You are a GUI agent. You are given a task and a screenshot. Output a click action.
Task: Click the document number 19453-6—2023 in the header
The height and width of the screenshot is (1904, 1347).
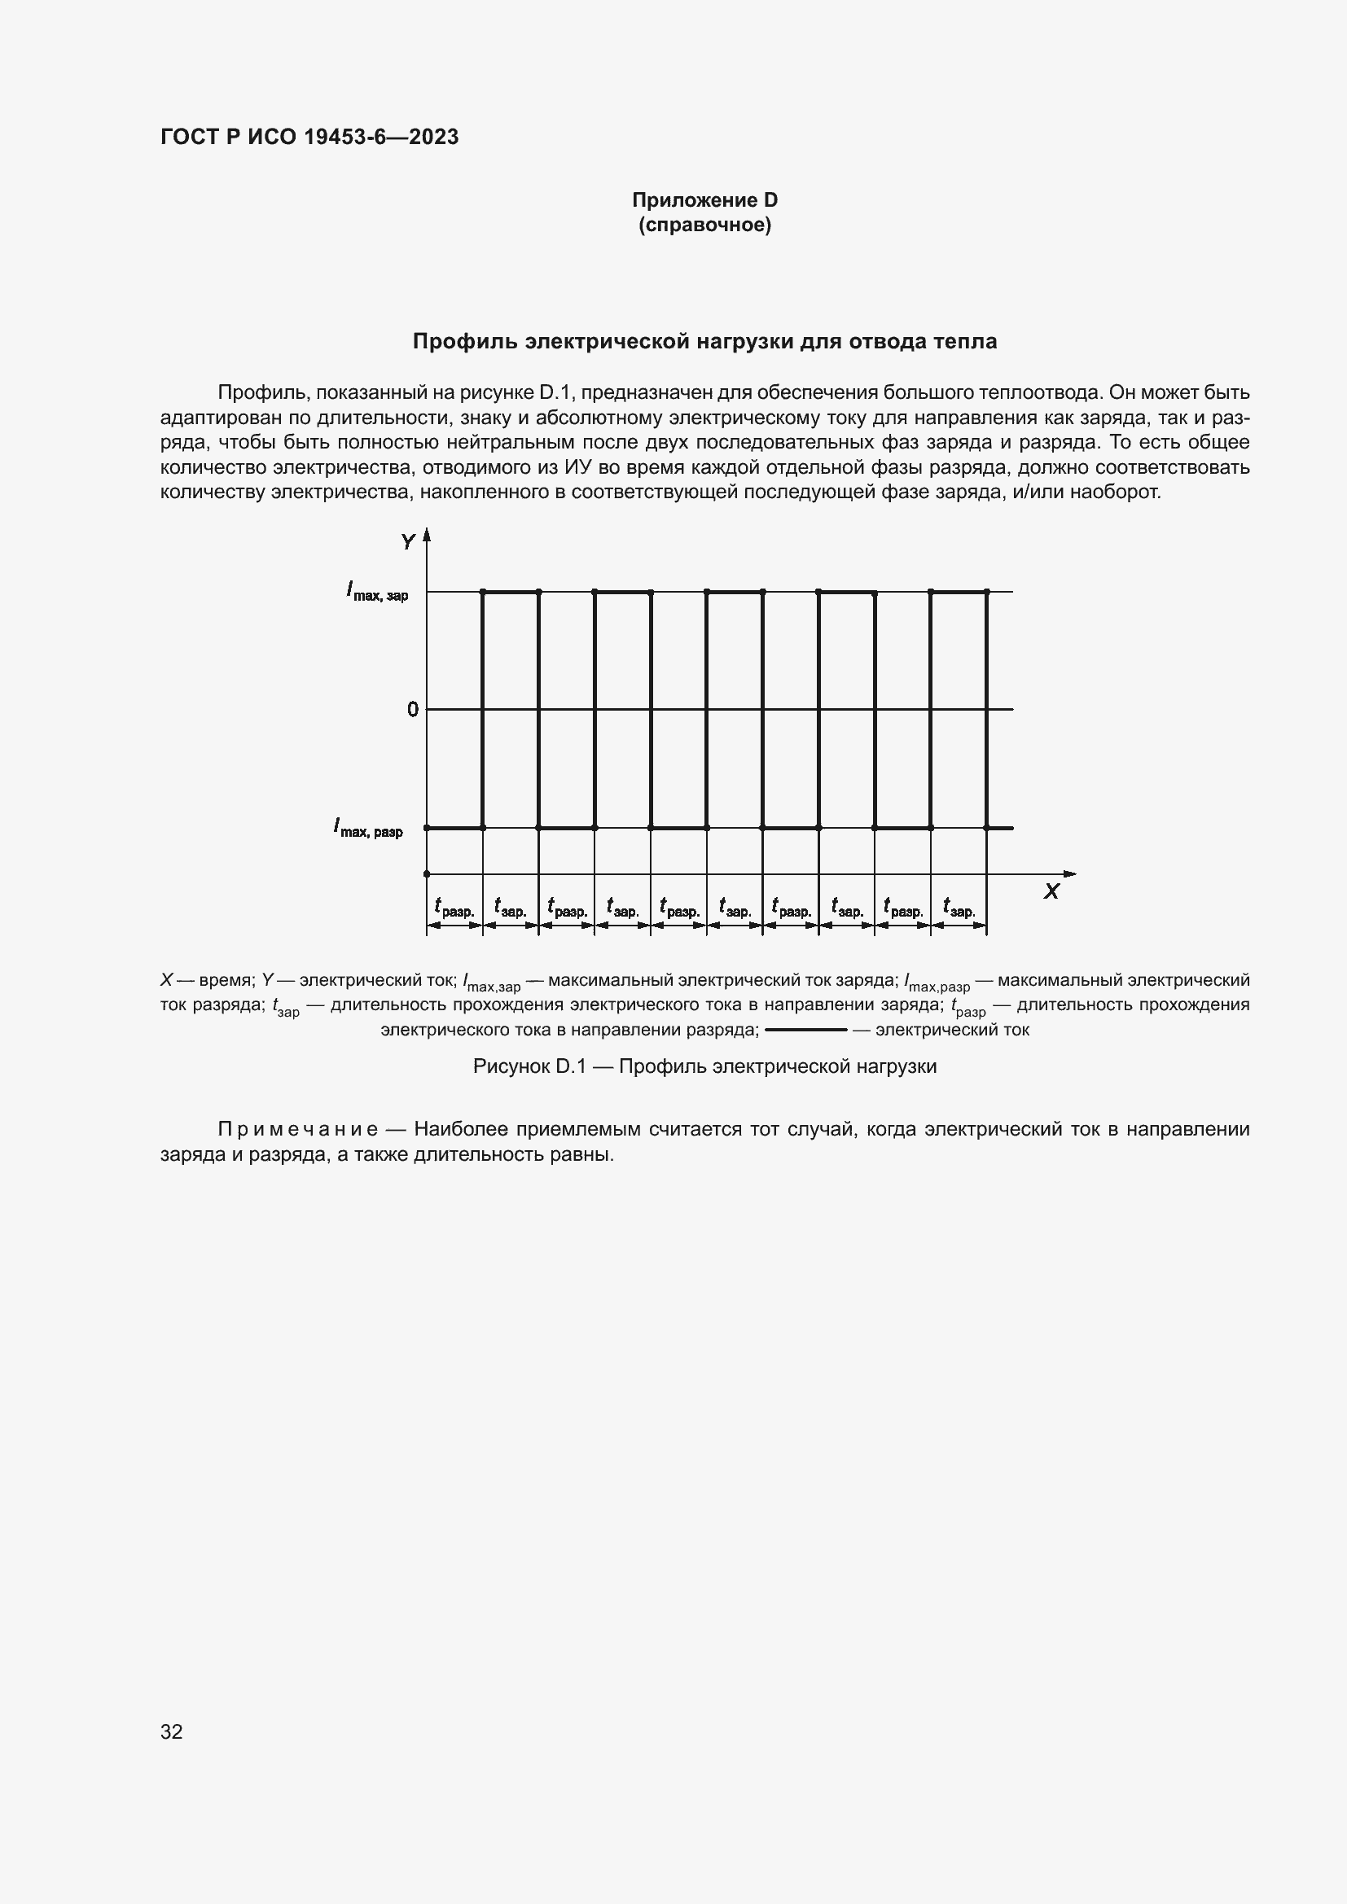coord(380,138)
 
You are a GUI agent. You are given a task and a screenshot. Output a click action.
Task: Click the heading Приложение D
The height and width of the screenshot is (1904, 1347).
coord(704,200)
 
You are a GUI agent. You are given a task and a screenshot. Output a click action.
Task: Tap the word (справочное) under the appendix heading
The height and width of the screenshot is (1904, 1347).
coord(704,225)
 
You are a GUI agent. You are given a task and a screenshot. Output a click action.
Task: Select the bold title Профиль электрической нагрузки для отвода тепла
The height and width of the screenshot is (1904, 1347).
coord(704,341)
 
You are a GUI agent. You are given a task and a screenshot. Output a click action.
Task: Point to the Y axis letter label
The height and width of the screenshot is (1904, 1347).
coord(408,542)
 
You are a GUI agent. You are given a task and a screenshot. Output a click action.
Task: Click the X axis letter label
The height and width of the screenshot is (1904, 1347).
coord(1051,891)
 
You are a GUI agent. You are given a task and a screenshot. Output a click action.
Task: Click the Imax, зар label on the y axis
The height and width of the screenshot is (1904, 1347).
coord(377,592)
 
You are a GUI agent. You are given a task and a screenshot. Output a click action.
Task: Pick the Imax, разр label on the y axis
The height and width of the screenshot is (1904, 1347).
coord(368,829)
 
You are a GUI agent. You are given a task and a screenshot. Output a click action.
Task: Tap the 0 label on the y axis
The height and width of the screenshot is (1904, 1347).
coord(412,710)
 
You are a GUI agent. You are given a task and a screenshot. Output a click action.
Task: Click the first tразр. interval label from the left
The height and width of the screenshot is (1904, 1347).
coord(454,908)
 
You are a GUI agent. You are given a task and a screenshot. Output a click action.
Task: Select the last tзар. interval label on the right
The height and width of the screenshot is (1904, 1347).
coord(959,908)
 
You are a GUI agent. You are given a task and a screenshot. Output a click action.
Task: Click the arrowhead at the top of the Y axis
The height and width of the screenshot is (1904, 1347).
coord(428,535)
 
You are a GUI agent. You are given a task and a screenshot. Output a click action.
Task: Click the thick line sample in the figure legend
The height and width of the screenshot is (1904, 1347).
coord(805,1031)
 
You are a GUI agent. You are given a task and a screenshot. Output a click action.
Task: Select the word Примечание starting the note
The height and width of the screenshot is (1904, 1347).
coord(298,1130)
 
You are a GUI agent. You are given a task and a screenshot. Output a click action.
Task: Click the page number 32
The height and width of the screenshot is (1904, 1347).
coord(172,1731)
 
